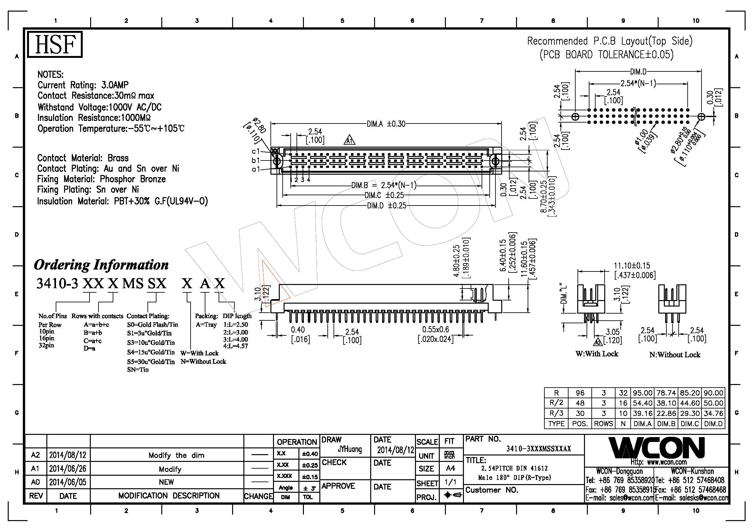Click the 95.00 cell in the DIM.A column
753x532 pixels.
point(643,393)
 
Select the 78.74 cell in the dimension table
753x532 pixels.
point(666,393)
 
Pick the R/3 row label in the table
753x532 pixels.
point(556,413)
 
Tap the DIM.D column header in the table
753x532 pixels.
point(713,424)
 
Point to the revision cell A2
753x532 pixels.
point(35,455)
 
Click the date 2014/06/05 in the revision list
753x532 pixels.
point(68,482)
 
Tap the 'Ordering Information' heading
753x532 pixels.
point(101,265)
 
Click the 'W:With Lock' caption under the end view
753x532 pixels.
point(597,354)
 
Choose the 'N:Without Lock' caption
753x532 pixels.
point(675,355)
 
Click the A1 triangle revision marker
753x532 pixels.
point(350,141)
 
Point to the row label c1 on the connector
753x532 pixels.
point(256,151)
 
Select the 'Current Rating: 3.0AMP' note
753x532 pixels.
point(83,85)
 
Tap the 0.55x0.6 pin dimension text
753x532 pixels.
point(436,330)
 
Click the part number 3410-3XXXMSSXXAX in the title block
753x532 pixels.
point(539,449)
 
